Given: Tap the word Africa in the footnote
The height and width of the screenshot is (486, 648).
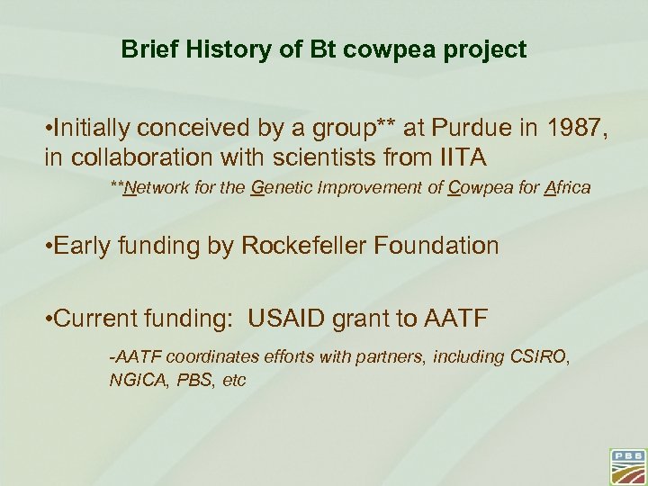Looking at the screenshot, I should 567,188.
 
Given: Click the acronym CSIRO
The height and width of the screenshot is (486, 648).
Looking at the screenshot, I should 540,357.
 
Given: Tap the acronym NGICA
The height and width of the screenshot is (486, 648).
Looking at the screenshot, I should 132,380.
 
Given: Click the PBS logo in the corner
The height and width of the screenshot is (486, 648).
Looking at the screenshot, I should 627,464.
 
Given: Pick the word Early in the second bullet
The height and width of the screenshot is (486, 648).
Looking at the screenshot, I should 81,246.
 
